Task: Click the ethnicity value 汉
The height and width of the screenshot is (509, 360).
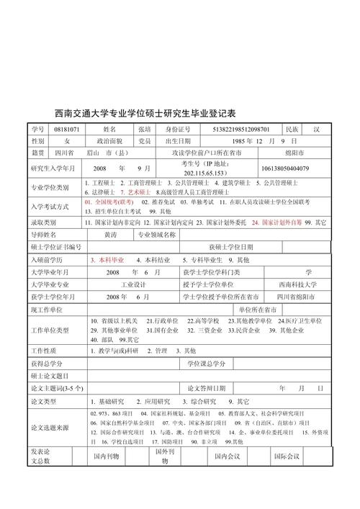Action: pyautogui.click(x=315, y=129)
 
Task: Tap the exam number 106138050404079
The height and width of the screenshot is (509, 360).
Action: pyautogui.click(x=285, y=168)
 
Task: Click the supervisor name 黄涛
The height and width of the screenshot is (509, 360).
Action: pyautogui.click(x=110, y=235)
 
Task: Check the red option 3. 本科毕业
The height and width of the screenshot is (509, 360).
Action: pyautogui.click(x=107, y=258)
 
